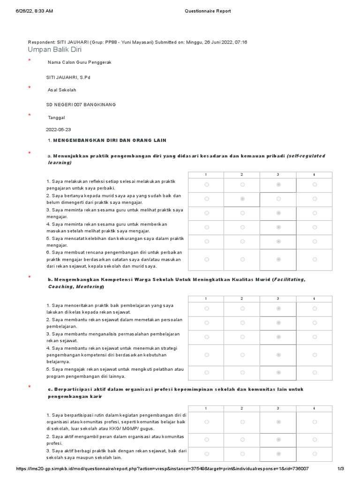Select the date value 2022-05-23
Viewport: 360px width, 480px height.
pos(59,129)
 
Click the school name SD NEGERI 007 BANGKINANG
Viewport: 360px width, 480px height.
pos(81,104)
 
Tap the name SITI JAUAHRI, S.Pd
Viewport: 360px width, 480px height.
pos(67,77)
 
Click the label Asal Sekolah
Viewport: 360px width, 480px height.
pos(62,90)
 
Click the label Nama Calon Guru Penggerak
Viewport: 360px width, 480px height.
pos(80,62)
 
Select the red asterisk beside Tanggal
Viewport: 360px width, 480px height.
pos(30,115)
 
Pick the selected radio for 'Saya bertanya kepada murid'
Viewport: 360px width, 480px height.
pos(242,199)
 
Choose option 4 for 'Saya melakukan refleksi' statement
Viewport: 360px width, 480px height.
pos(315,185)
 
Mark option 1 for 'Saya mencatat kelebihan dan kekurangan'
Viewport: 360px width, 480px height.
pos(207,241)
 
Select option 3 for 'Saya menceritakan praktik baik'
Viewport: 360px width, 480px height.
pos(278,308)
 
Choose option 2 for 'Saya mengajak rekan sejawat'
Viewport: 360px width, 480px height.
pos(242,372)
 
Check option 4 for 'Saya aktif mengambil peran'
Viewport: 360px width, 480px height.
pos(315,439)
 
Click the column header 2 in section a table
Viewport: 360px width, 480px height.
pos(242,174)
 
